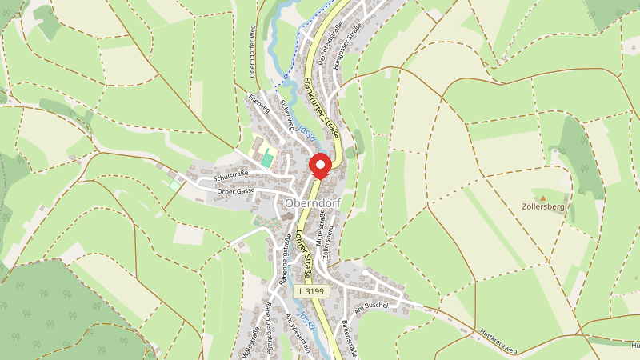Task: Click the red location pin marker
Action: (x=321, y=165)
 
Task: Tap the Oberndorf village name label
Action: (x=312, y=203)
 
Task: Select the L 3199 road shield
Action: (x=310, y=292)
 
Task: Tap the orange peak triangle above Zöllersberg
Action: (x=542, y=197)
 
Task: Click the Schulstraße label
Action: (x=233, y=174)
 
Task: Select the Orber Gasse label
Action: (x=235, y=191)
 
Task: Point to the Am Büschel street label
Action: (x=372, y=306)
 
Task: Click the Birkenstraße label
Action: (x=346, y=338)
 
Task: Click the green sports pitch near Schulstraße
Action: (x=266, y=159)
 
